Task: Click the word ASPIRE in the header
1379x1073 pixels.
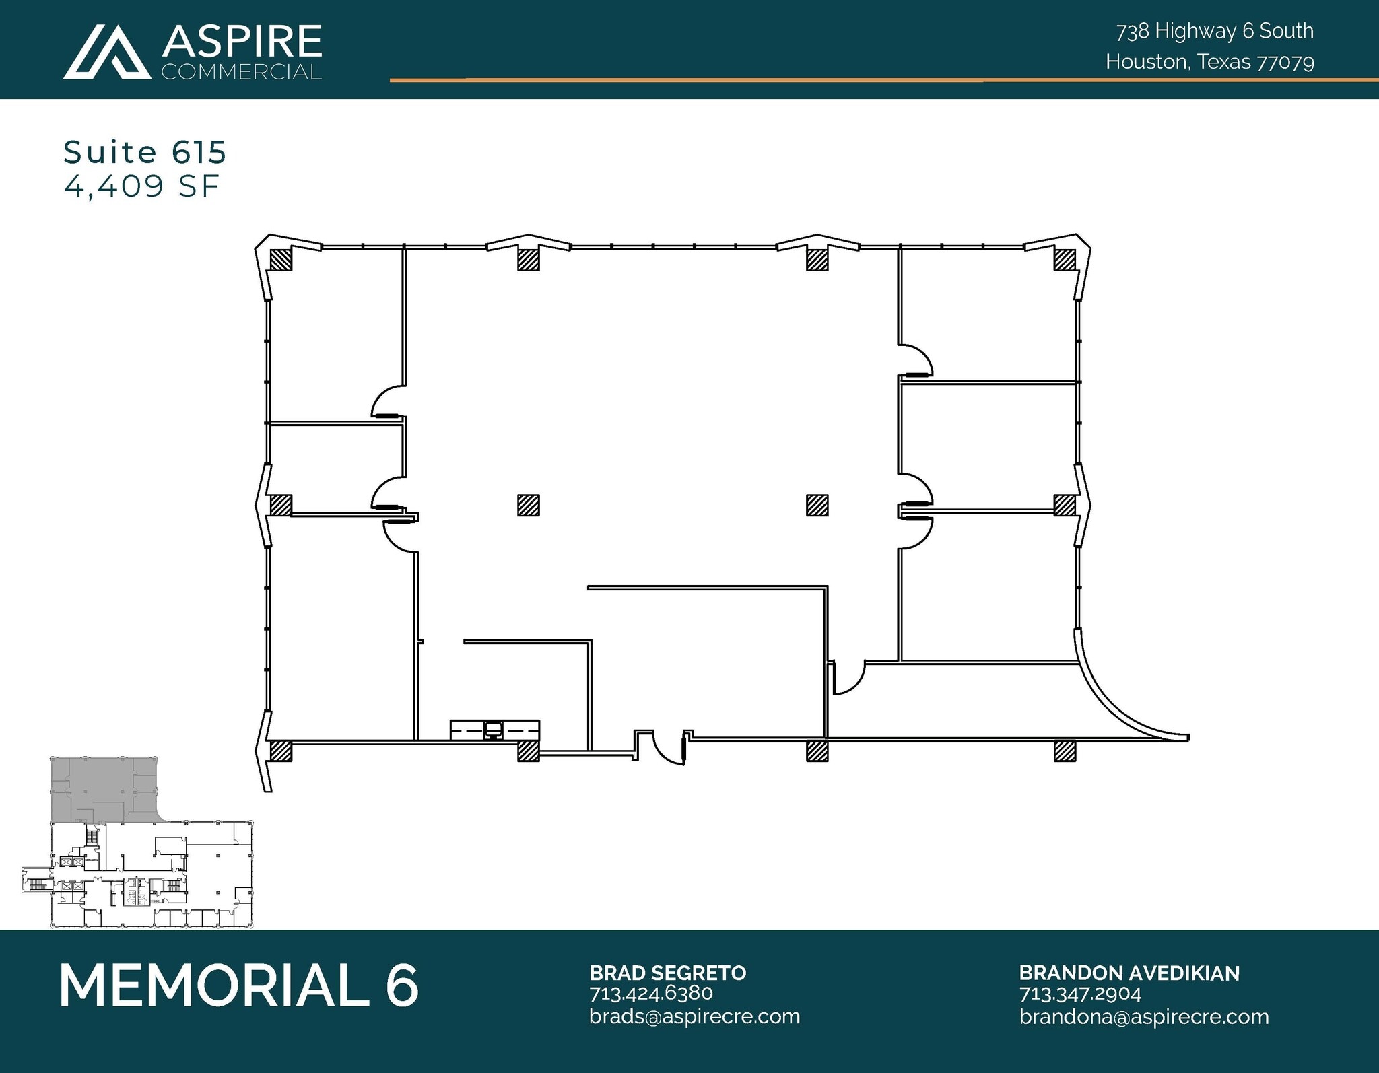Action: coord(241,42)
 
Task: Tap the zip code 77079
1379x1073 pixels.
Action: coord(1285,63)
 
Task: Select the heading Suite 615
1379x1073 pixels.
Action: coord(145,153)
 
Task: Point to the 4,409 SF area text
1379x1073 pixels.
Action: coord(141,186)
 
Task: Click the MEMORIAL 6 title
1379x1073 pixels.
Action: coord(239,985)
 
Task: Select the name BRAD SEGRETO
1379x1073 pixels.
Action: coord(667,973)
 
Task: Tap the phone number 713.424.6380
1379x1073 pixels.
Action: coord(650,993)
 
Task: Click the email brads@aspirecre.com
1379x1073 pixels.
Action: coord(694,1016)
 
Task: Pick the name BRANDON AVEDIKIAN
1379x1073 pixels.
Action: coord(1129,973)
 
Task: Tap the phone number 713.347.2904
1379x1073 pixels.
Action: coord(1080,994)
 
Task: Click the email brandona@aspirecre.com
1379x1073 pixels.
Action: coord(1143,1016)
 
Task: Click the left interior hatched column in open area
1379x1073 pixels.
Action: coord(529,505)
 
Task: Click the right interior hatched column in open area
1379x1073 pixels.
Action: coord(817,505)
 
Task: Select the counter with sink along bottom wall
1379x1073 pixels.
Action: coord(494,730)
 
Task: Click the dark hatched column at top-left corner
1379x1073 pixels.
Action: coord(281,260)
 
